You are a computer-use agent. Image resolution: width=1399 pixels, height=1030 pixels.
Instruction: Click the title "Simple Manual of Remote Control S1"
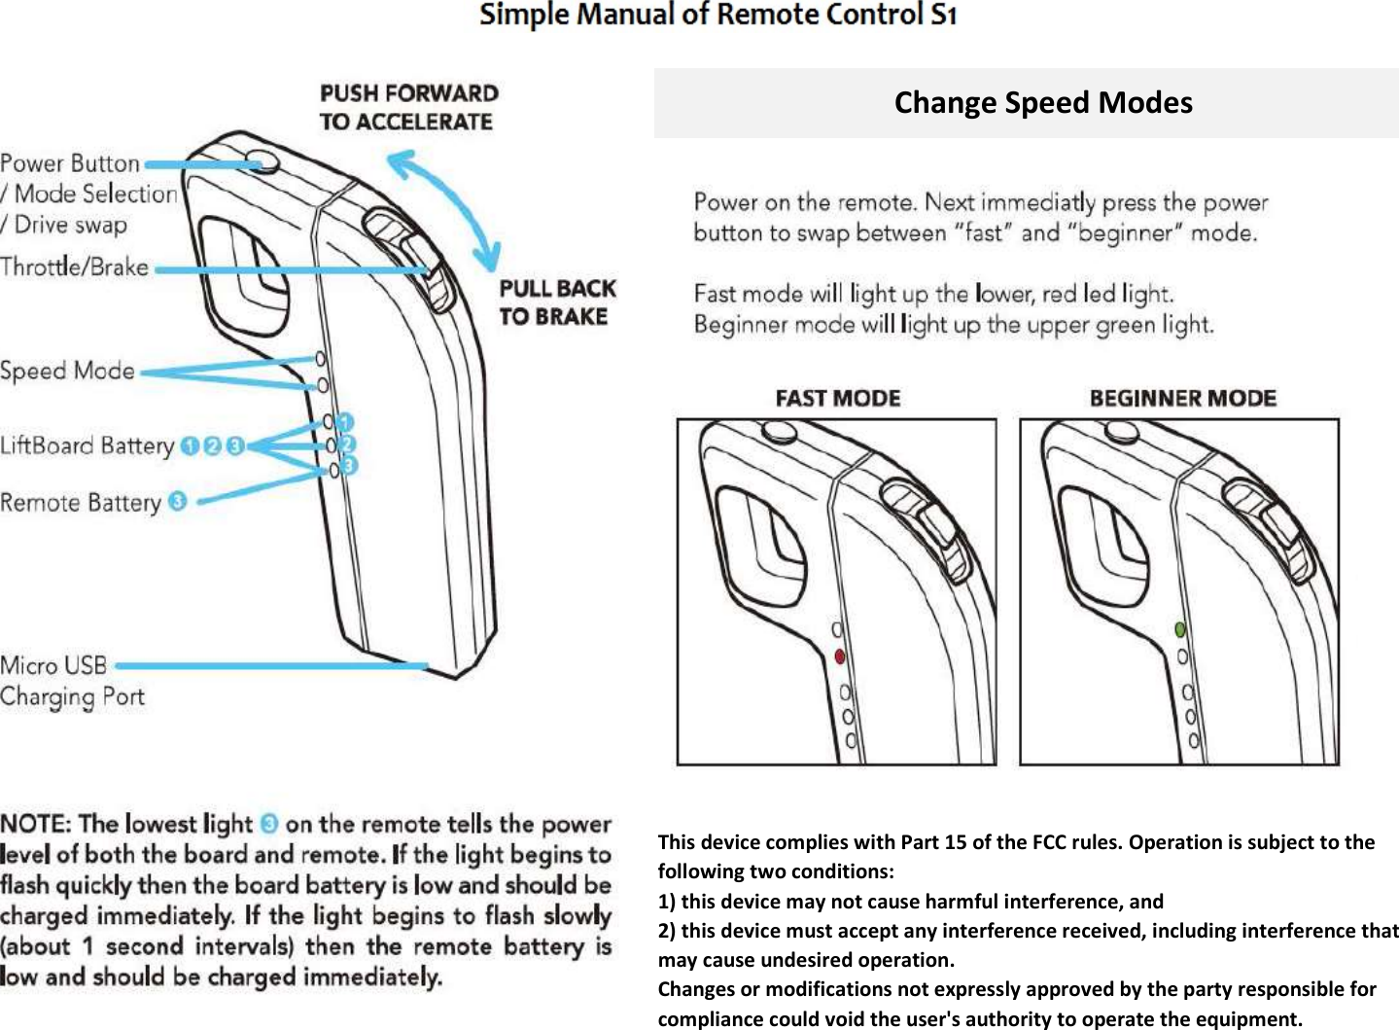[718, 16]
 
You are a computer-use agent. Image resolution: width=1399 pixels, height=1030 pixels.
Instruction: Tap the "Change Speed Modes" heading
[1042, 103]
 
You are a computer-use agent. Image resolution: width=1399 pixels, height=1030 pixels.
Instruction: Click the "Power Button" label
[70, 163]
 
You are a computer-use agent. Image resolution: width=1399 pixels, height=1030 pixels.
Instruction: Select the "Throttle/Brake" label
[75, 267]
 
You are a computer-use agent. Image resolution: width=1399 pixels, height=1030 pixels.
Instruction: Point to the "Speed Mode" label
[67, 372]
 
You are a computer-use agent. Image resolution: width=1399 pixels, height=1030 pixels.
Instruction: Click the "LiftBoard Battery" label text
[87, 446]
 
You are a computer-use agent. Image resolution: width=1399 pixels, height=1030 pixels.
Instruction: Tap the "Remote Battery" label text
[81, 503]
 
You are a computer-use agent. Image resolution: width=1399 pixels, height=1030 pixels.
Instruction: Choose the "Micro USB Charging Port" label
[71, 681]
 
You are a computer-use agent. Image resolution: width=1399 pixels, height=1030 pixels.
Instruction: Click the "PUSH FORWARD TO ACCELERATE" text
[408, 108]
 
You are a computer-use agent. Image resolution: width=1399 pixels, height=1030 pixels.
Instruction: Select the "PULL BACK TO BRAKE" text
[557, 302]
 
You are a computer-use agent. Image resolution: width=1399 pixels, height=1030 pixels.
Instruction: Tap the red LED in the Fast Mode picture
[840, 657]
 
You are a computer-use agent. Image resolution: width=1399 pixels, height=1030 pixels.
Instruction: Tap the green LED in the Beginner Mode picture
[1180, 630]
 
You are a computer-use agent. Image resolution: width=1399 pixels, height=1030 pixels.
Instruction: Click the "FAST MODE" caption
[837, 399]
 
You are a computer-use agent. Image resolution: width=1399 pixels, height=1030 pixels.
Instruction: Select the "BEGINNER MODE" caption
[1182, 399]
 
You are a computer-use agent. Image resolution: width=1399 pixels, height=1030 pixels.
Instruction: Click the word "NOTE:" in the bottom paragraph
[36, 825]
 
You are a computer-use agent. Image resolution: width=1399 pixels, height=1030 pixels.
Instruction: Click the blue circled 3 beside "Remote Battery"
[177, 502]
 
